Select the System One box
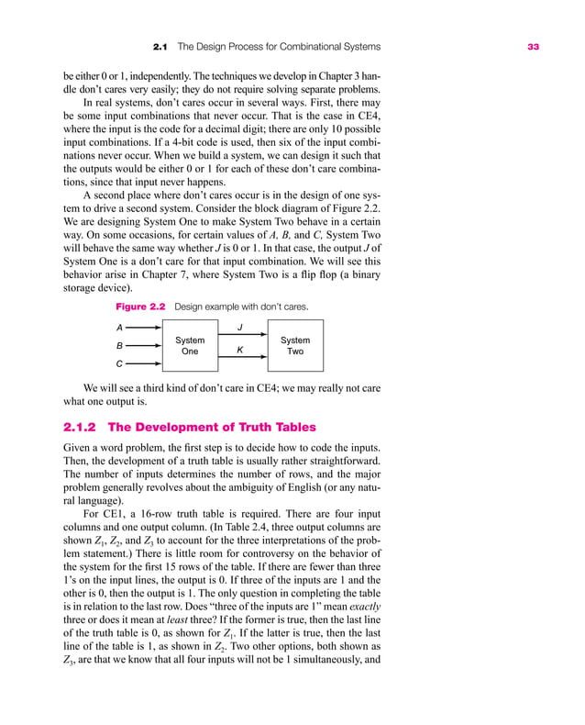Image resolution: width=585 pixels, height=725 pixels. pyautogui.click(x=190, y=345)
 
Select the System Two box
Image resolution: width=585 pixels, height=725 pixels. pyautogui.click(x=295, y=345)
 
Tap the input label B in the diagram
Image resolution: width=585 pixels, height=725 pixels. pyautogui.click(x=119, y=346)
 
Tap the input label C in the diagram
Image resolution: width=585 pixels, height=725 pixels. pyautogui.click(x=119, y=364)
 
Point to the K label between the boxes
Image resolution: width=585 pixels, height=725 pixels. pyautogui.click(x=240, y=350)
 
